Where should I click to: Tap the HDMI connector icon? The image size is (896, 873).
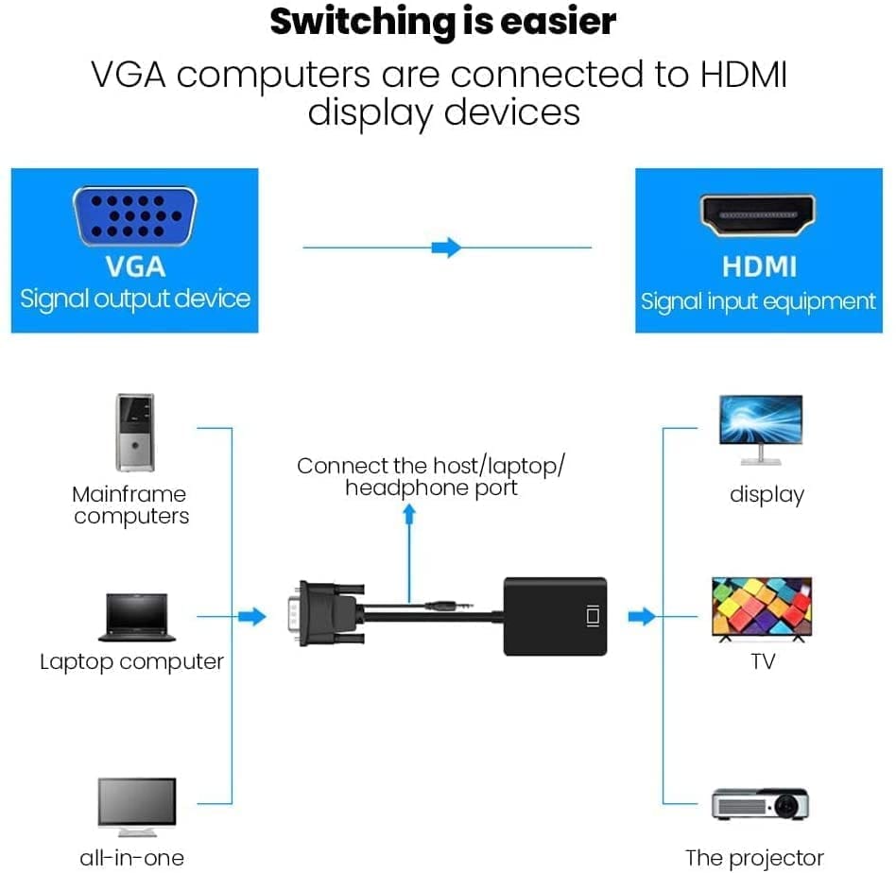[x=759, y=215]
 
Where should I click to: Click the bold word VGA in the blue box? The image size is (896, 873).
[x=135, y=267]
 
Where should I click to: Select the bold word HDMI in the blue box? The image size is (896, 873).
[x=759, y=267]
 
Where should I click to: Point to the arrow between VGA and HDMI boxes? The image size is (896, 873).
[x=446, y=248]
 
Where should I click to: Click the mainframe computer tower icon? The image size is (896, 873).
[x=134, y=433]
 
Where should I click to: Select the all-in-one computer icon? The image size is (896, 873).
[x=137, y=805]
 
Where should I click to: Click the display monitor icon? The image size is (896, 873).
[x=761, y=430]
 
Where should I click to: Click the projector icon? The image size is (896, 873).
[x=761, y=804]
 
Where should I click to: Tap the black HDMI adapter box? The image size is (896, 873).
[x=554, y=616]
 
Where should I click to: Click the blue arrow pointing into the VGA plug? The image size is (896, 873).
[x=250, y=617]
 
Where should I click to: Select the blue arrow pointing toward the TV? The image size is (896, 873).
[x=642, y=617]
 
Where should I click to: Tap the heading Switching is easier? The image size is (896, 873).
[x=442, y=22]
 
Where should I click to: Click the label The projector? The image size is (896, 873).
[x=754, y=858]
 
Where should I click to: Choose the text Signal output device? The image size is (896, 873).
[x=135, y=300]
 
